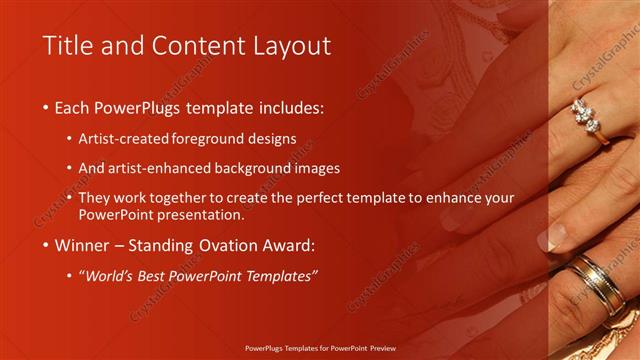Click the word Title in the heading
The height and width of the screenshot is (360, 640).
coord(65,46)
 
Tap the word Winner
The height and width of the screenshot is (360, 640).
coord(83,244)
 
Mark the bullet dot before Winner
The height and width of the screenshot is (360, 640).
coord(46,244)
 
